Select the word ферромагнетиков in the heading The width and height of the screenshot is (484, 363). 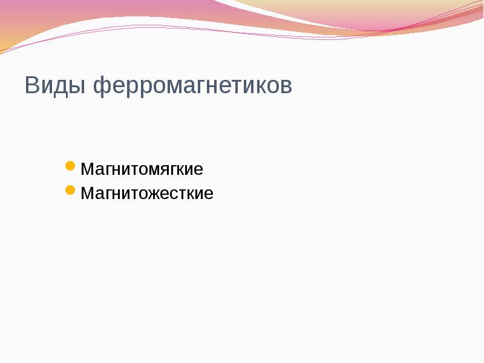[x=192, y=85]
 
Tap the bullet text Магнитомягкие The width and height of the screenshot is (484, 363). [x=142, y=168]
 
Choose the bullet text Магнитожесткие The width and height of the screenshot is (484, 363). [x=147, y=194]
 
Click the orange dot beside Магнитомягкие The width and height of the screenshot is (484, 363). [x=70, y=166]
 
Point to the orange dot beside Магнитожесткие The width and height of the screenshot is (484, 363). [x=70, y=191]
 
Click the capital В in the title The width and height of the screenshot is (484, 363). [x=32, y=85]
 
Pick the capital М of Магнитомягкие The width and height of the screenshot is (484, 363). [x=87, y=168]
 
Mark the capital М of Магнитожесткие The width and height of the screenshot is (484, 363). [x=87, y=194]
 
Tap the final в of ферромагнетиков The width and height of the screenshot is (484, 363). [x=286, y=86]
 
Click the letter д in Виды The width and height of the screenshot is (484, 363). [x=59, y=86]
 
